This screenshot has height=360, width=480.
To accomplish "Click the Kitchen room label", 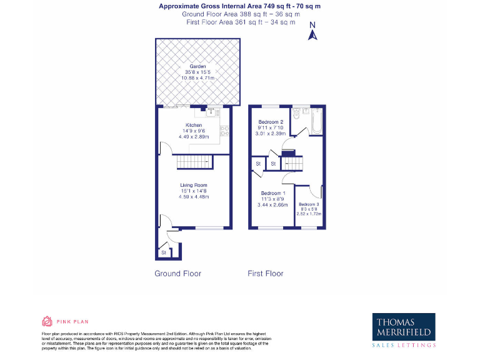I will [x=193, y=125].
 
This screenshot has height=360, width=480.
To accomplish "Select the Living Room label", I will [x=193, y=185].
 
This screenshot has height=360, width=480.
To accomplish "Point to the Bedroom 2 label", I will [x=272, y=121].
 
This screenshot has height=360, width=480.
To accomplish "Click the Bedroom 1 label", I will [x=272, y=193].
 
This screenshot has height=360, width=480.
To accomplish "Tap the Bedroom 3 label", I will [x=309, y=205].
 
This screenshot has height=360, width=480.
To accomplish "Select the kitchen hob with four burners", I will [x=224, y=131].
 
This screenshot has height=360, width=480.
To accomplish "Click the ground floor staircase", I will [x=187, y=162].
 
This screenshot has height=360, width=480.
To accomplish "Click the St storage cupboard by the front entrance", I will [x=164, y=252].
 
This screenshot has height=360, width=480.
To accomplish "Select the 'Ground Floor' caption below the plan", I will [x=177, y=274].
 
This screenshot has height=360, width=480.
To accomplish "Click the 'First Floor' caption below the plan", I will [x=266, y=274].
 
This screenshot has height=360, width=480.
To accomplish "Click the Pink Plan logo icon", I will [x=46, y=322].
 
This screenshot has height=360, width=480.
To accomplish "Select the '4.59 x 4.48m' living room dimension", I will [x=193, y=197].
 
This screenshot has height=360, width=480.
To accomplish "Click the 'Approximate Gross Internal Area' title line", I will [x=241, y=6].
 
